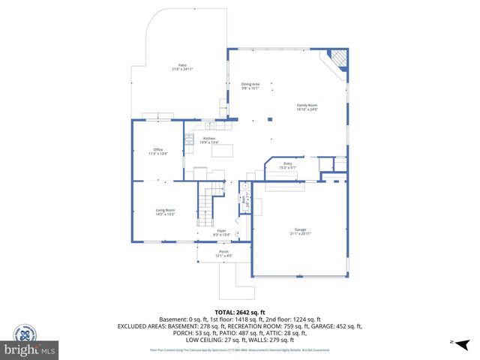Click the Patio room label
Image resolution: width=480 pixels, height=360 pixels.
[x=182, y=65]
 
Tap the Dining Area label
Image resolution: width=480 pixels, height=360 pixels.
[x=250, y=84]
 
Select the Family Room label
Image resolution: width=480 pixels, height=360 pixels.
[x=307, y=105]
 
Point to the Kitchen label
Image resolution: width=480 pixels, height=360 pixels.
[x=209, y=138]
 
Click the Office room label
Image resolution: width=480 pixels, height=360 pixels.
[x=158, y=149]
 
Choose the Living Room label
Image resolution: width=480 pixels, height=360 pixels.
[x=165, y=210]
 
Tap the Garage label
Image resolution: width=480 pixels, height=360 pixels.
[x=300, y=230]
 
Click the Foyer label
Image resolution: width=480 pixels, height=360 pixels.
[x=222, y=230]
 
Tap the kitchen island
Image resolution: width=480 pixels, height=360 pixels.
[x=223, y=150]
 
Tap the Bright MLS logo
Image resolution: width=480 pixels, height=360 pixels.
[x=30, y=350]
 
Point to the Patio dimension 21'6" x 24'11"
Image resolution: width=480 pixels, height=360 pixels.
[x=182, y=70]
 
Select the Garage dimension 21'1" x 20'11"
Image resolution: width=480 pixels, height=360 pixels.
[x=300, y=235]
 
